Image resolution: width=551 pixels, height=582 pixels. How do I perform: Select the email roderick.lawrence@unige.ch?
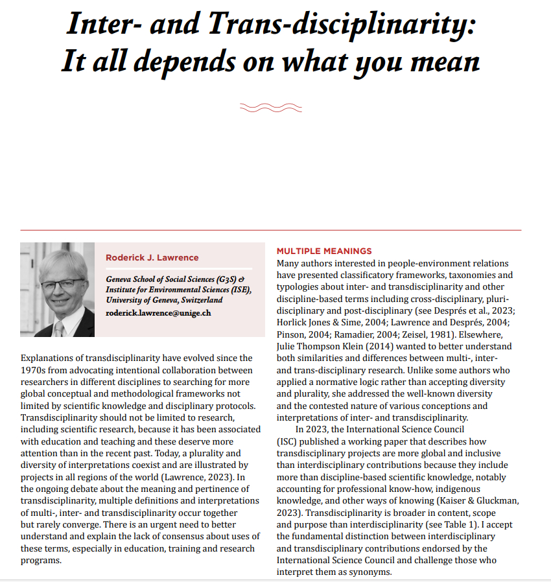(158, 312)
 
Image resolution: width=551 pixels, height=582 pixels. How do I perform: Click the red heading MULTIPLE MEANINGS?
(324, 251)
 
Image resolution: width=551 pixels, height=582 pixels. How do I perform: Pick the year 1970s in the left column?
(36, 369)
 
